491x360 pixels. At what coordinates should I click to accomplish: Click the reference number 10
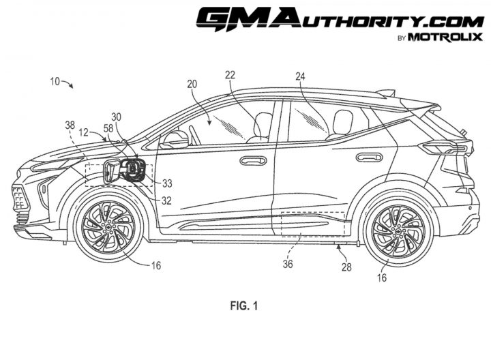point(55,81)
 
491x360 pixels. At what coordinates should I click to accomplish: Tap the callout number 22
point(230,75)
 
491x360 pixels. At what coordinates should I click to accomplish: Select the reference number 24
point(300,76)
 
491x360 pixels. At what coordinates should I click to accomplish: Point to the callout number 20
point(192,84)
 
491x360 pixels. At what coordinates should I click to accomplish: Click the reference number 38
point(70,125)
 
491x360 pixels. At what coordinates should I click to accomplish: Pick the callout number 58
point(108,129)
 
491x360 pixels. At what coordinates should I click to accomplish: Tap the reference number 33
point(167,183)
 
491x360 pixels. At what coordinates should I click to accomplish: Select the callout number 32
point(166,200)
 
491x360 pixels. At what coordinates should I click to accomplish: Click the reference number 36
point(288,265)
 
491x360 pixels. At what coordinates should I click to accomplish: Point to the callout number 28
point(346,267)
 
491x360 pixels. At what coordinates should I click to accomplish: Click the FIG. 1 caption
point(244,305)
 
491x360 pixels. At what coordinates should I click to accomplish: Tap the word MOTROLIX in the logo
point(445,37)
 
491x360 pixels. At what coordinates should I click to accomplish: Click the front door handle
point(253,161)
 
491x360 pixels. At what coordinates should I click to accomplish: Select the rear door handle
point(369,157)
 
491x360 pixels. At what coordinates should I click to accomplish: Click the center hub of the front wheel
point(108,228)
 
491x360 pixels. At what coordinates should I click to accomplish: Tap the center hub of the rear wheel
point(399,232)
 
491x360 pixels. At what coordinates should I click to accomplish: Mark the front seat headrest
point(264,124)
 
